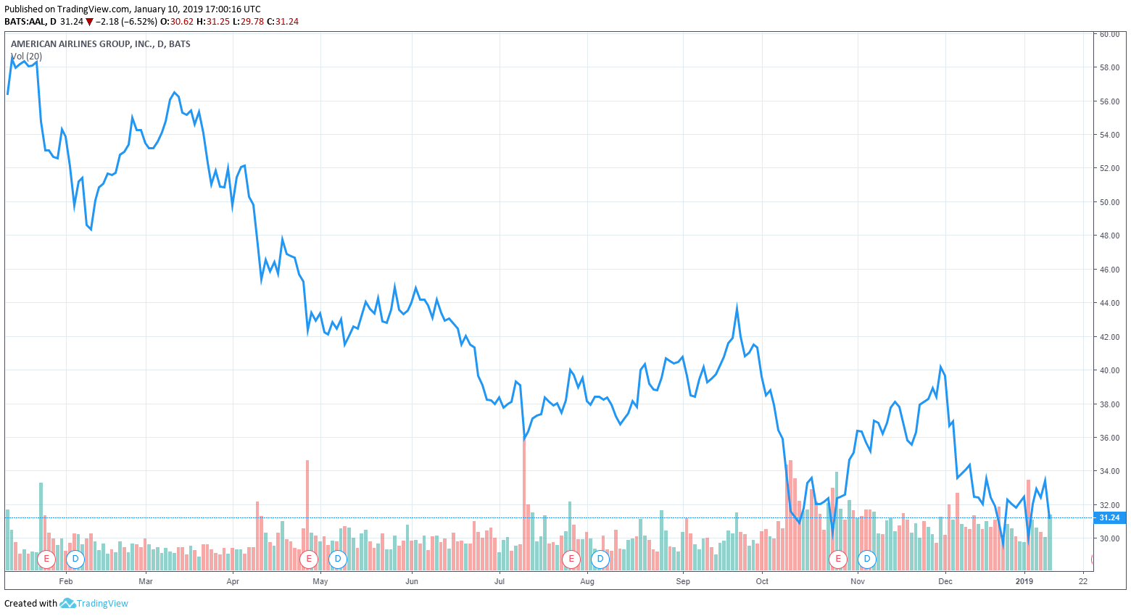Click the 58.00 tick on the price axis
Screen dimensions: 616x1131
click(x=1109, y=67)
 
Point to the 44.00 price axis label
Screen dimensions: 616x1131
click(x=1109, y=303)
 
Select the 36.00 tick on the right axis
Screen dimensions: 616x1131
click(x=1109, y=438)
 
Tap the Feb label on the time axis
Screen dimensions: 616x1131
click(x=66, y=581)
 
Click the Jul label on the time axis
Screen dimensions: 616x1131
click(x=499, y=581)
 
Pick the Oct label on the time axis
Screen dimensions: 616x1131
click(x=762, y=581)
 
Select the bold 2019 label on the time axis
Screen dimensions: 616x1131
click(x=1024, y=581)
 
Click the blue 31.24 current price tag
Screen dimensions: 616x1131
click(x=1109, y=517)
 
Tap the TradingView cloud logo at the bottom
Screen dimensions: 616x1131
click(x=67, y=603)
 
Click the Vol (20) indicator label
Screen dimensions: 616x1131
click(x=26, y=57)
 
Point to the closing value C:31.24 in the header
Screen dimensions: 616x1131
click(x=283, y=22)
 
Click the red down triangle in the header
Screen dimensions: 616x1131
click(x=89, y=22)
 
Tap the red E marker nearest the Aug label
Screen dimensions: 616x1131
click(x=571, y=559)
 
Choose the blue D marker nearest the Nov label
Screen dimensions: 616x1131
click(x=866, y=559)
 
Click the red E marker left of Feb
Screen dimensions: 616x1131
click(x=46, y=559)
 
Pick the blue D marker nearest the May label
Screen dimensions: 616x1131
click(x=337, y=559)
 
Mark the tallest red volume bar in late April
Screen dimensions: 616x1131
click(x=307, y=507)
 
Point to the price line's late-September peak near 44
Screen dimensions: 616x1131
click(x=737, y=307)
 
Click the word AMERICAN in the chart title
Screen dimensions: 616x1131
click(x=33, y=44)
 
